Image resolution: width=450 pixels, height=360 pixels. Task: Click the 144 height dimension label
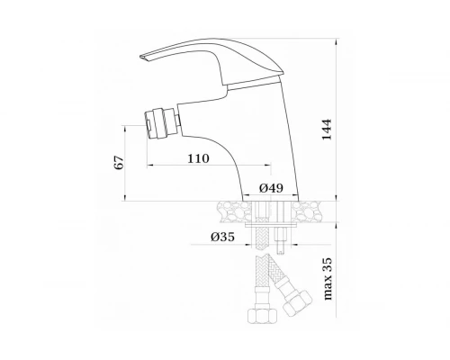click(327, 130)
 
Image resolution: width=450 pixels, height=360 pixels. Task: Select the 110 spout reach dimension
click(198, 158)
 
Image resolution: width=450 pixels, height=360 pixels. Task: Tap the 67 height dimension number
click(120, 163)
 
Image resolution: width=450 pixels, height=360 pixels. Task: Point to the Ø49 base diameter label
click(271, 188)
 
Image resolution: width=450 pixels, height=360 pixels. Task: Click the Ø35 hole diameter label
click(222, 237)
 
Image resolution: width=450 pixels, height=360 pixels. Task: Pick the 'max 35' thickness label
click(328, 279)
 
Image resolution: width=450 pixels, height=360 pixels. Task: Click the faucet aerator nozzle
click(161, 124)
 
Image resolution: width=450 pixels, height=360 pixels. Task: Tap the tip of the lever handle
click(141, 57)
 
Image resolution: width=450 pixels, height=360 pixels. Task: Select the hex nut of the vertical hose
click(263, 316)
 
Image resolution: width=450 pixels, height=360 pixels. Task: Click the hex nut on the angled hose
click(298, 302)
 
